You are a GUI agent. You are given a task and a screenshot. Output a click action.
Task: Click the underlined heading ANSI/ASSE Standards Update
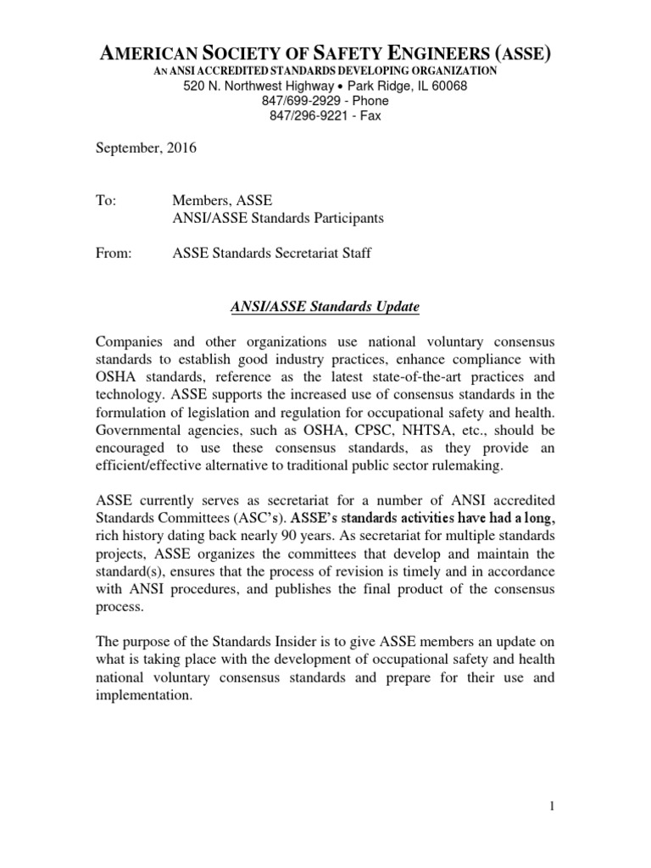coord(325,305)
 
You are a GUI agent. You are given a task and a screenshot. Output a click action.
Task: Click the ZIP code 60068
coord(448,86)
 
